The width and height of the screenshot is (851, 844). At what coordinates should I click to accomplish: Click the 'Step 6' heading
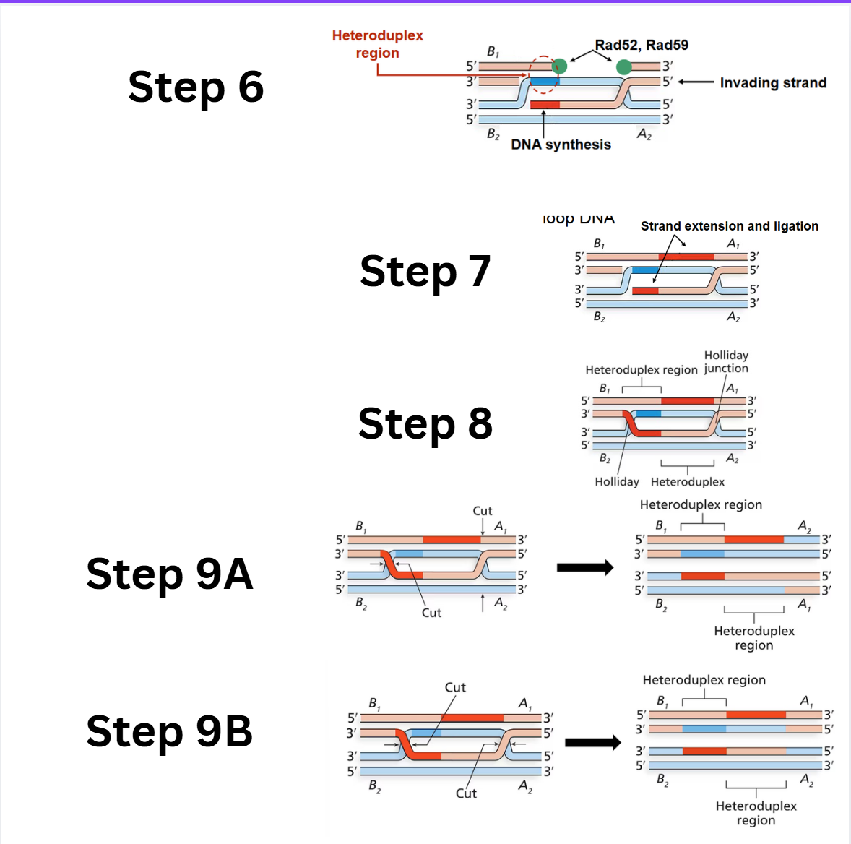(x=196, y=87)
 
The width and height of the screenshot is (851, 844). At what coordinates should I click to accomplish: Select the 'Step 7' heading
(x=425, y=271)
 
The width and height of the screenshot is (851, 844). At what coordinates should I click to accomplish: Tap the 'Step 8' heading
(x=425, y=423)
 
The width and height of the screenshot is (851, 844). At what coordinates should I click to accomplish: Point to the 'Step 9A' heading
(x=170, y=574)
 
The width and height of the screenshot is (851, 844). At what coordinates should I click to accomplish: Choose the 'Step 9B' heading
(x=170, y=731)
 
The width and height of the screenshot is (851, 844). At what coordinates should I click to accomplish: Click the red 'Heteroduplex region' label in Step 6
(x=377, y=44)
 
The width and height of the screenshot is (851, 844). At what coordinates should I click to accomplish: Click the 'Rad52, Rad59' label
(x=642, y=45)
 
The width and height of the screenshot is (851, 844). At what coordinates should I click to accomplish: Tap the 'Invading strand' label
(x=773, y=83)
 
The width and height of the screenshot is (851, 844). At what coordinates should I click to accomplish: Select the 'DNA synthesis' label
(x=561, y=145)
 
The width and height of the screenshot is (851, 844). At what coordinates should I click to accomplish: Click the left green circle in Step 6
(x=559, y=67)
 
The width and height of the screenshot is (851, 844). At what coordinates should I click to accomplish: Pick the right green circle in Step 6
(x=624, y=67)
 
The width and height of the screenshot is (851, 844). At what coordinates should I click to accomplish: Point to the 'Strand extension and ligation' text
(x=730, y=226)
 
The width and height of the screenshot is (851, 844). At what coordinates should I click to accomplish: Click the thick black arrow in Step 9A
(x=584, y=568)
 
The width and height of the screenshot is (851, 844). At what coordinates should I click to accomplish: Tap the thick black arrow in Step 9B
(x=592, y=742)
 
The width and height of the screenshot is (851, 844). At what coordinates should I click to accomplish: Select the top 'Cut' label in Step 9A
(x=482, y=511)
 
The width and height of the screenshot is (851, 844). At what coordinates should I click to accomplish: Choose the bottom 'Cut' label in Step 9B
(x=466, y=793)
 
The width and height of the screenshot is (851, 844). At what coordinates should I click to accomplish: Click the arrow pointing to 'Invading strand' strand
(x=696, y=82)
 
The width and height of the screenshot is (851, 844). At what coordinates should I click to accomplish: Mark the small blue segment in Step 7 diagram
(x=645, y=270)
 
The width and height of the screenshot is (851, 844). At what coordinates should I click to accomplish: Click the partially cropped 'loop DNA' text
(x=578, y=219)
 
